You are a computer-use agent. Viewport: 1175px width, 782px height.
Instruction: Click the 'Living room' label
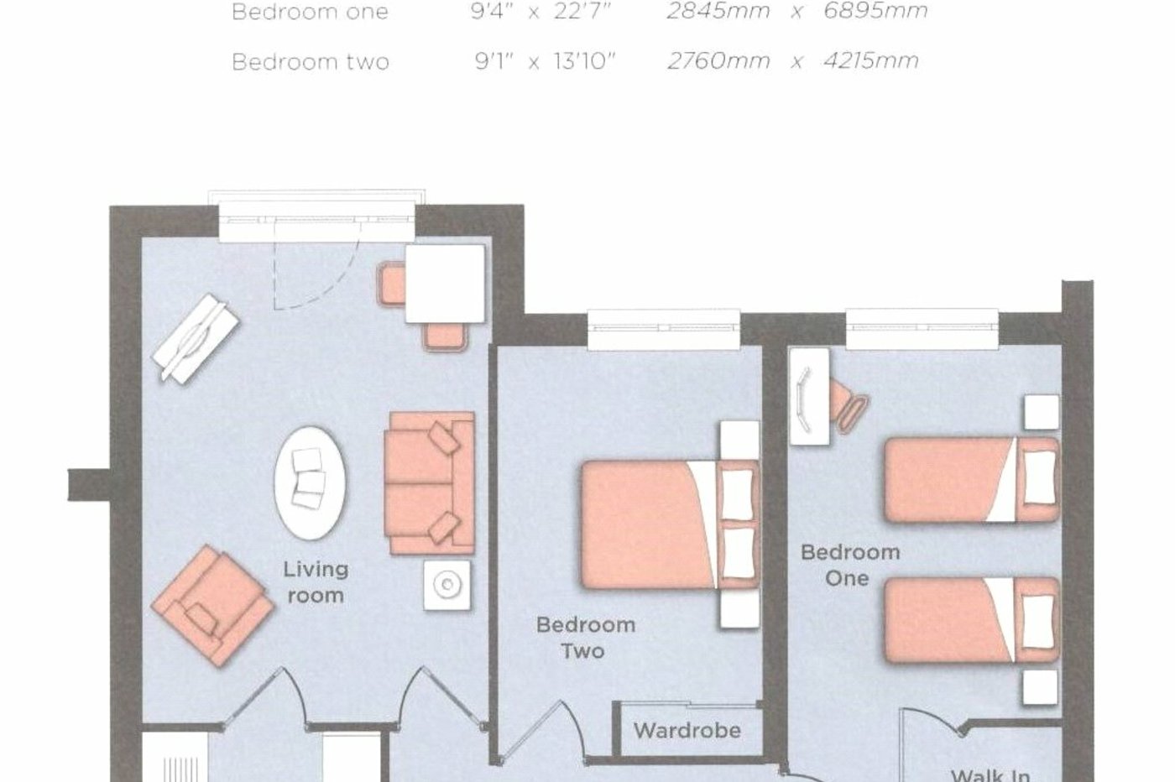tap(315, 582)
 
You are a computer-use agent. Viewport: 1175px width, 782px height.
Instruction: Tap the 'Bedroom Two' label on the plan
tap(585, 638)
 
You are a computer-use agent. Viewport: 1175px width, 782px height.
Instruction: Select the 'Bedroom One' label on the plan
tap(849, 565)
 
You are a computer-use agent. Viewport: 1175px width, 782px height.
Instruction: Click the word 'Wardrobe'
tap(687, 730)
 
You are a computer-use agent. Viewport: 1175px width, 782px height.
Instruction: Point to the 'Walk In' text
tap(990, 774)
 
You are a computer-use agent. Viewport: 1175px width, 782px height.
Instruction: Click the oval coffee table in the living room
tap(310, 482)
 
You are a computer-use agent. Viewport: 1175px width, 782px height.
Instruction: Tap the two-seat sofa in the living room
tap(429, 483)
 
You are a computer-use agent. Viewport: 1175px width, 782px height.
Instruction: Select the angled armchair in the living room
tap(211, 605)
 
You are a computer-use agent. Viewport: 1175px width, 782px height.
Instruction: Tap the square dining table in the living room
tap(445, 284)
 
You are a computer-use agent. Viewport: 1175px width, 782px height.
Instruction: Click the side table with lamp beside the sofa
tap(446, 584)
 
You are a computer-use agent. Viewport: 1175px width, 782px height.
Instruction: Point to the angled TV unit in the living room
tap(196, 338)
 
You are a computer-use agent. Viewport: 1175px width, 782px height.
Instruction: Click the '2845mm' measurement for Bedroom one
tap(718, 12)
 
